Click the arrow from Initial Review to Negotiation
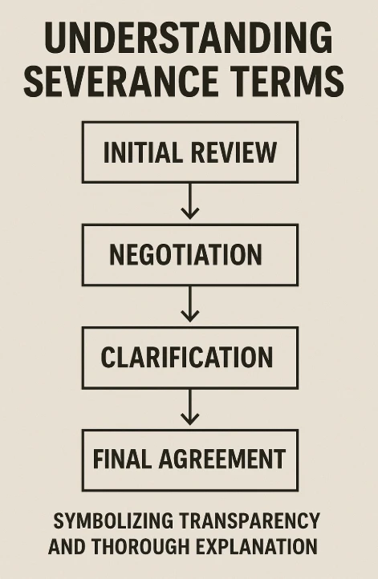tap(189, 200)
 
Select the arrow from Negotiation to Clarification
tap(189, 303)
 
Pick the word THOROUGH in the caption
tap(147, 548)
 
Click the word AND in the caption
tap(67, 548)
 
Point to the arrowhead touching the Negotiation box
tap(189, 214)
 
